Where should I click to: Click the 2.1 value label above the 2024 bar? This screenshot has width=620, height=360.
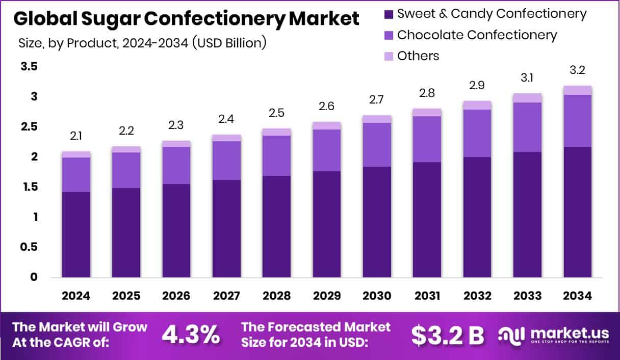click(x=76, y=136)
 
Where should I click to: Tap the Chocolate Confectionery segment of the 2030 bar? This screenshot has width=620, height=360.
click(x=377, y=144)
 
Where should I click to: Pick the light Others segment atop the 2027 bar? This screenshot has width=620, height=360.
click(x=226, y=138)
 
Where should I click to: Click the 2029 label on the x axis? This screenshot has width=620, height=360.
click(x=327, y=296)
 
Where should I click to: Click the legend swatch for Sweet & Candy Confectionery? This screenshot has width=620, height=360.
click(x=389, y=14)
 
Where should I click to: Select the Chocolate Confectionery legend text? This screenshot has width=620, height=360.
click(x=477, y=35)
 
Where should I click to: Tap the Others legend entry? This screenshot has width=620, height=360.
click(x=418, y=56)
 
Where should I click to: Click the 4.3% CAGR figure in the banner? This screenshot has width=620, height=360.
click(x=191, y=335)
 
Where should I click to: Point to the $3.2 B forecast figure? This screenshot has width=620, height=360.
click(x=448, y=335)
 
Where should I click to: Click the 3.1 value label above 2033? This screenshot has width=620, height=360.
click(x=528, y=78)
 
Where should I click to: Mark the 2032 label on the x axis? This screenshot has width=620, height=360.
click(x=477, y=296)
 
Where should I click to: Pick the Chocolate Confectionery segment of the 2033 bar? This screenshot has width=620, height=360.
click(x=527, y=127)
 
